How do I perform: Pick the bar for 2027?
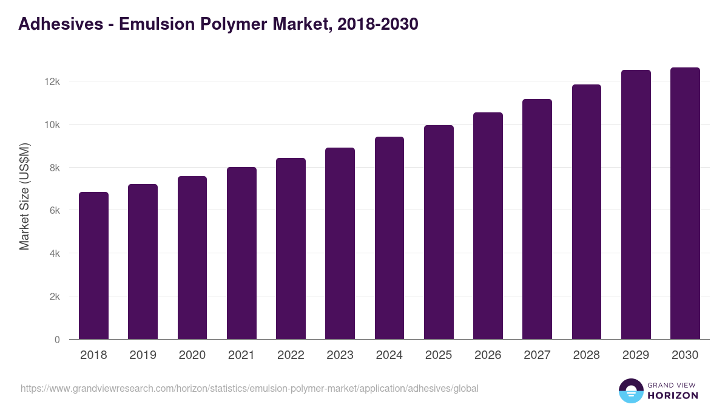coord(537,219)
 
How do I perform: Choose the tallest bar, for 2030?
coord(685,203)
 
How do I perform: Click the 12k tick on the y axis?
coord(53,81)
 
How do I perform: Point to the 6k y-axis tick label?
coord(54,210)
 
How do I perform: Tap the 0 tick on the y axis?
coord(57,340)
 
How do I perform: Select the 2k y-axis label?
coord(54,296)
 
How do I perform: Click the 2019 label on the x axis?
coord(143,355)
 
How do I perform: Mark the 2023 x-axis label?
coord(340,355)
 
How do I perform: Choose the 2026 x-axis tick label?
coord(488,355)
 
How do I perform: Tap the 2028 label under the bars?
coord(586,355)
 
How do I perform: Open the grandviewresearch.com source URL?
coord(249,388)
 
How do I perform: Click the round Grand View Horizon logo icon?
coord(631,391)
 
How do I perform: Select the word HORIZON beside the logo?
coord(673,395)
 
